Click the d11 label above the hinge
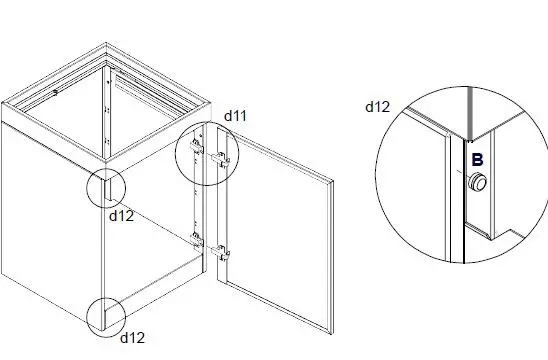(235, 116)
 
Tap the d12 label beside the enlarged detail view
(377, 105)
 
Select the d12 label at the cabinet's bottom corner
(133, 338)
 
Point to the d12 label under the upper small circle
(122, 214)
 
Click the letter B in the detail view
(478, 159)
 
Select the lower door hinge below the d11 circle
(220, 246)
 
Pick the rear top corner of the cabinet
(108, 44)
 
